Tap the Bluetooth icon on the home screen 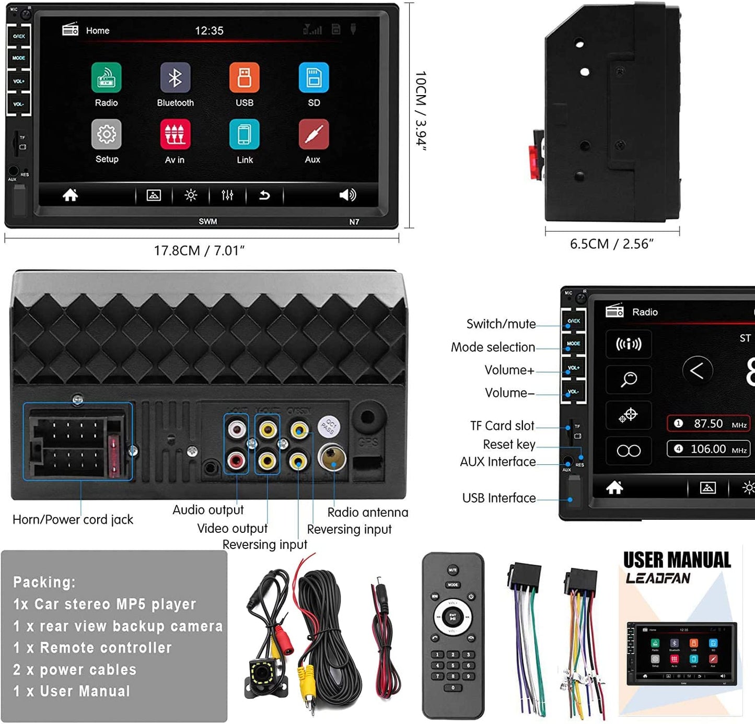pyautogui.click(x=175, y=78)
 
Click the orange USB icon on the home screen pyautogui.click(x=244, y=78)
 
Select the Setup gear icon pyautogui.click(x=107, y=135)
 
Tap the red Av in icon pyautogui.click(x=175, y=135)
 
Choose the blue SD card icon pyautogui.click(x=313, y=78)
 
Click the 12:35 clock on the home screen pyautogui.click(x=209, y=31)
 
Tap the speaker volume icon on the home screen pyautogui.click(x=347, y=195)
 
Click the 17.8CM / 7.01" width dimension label pyautogui.click(x=199, y=251)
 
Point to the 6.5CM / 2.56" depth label pyautogui.click(x=612, y=244)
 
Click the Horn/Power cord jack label pyautogui.click(x=73, y=520)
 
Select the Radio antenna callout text pyautogui.click(x=367, y=512)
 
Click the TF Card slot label pyautogui.click(x=502, y=426)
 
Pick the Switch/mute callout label pyautogui.click(x=501, y=324)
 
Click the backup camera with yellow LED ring pyautogui.click(x=266, y=677)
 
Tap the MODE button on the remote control pyautogui.click(x=452, y=585)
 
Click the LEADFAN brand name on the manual pyautogui.click(x=658, y=578)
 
